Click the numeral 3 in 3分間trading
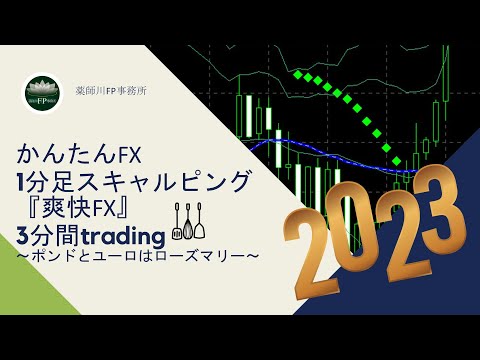(23, 236)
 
